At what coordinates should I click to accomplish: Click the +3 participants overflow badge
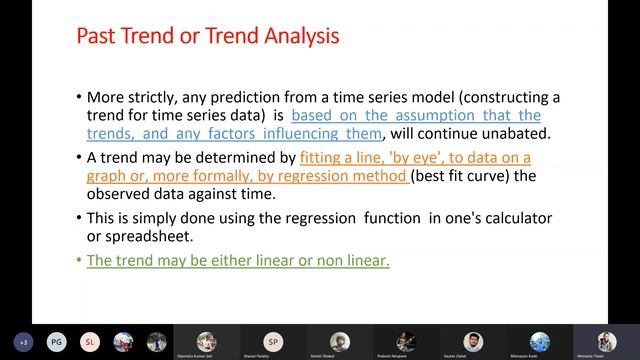coord(23,340)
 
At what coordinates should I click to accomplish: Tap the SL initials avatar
coord(91,340)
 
